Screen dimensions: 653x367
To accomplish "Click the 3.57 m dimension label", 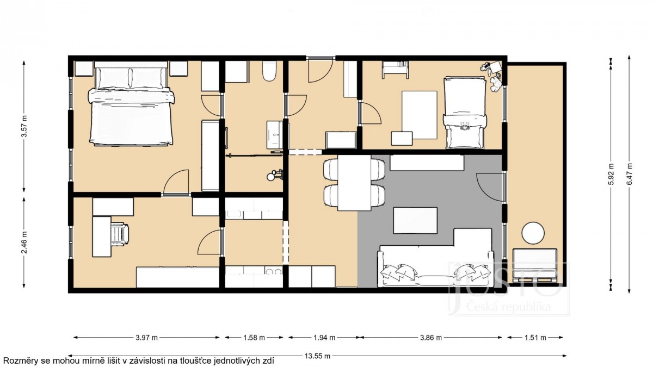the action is [24, 126].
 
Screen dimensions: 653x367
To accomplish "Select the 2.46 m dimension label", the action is [24, 242].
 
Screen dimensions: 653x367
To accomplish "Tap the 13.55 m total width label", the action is [317, 356].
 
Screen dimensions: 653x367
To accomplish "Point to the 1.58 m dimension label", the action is [254, 338].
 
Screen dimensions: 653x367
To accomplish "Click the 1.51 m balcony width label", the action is [535, 338].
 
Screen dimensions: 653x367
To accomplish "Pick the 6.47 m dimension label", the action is [629, 174].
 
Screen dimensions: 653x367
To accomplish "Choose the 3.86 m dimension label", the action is [431, 338].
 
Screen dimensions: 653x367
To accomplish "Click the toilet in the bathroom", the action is [268, 71].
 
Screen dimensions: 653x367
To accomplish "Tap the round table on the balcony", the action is [533, 233].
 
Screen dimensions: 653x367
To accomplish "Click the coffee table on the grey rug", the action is [415, 220].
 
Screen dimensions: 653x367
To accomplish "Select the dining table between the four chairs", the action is [354, 183].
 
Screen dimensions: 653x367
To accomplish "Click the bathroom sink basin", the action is [275, 135].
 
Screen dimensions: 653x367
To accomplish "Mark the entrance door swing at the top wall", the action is [321, 70].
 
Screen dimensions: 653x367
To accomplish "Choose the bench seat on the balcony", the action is [534, 266].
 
